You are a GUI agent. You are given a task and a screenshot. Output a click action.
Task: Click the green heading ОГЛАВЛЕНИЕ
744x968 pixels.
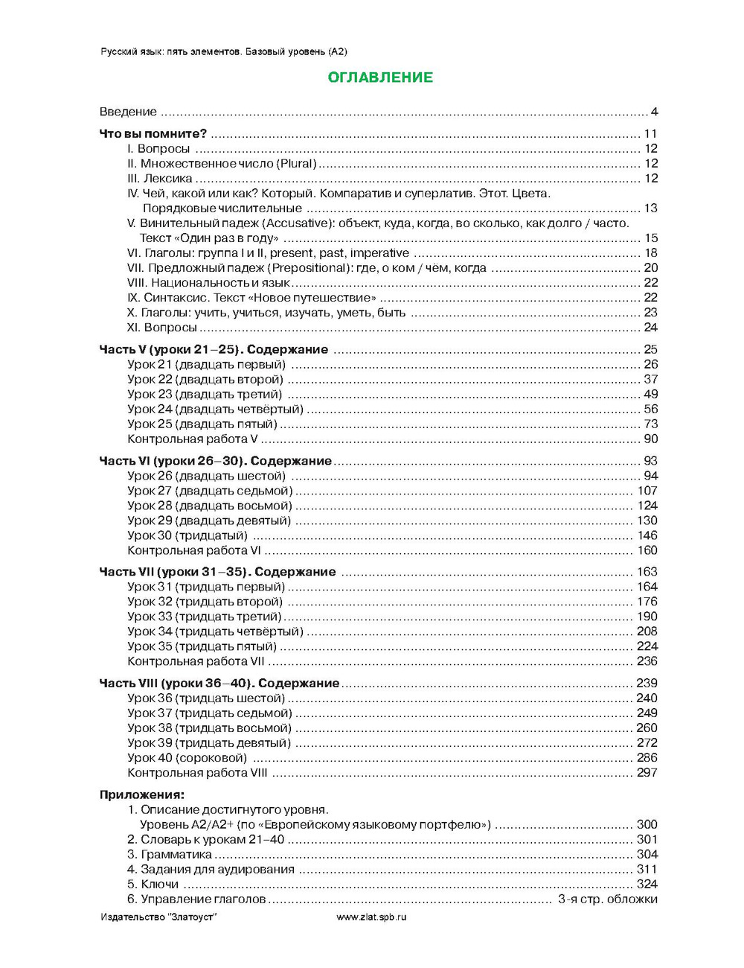(x=380, y=77)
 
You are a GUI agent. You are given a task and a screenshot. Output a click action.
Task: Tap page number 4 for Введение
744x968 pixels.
(x=655, y=112)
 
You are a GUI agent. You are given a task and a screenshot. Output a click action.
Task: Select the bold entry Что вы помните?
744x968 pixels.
(x=153, y=134)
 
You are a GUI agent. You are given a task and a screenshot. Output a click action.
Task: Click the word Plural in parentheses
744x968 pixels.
(x=298, y=164)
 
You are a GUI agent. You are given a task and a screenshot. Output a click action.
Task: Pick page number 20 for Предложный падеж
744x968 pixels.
(x=651, y=268)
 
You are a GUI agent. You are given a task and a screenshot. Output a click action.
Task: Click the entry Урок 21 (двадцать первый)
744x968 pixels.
(x=206, y=365)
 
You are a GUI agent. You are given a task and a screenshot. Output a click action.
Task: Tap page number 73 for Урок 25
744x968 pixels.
(x=651, y=424)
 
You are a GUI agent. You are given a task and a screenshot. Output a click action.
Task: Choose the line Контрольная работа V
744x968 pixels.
(x=192, y=439)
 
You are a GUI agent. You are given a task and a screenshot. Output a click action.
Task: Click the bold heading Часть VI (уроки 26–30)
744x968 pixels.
(x=215, y=461)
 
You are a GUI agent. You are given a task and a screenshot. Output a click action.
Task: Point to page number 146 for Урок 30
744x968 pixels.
(x=647, y=535)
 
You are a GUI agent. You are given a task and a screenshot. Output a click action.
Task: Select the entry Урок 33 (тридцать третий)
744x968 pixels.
(x=205, y=617)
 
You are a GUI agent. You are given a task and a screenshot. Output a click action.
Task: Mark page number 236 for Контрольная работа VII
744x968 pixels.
(x=647, y=661)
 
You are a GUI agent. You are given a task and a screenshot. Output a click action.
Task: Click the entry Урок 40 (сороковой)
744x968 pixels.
(x=187, y=758)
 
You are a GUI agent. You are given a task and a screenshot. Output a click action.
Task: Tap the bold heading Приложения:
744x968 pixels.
(x=141, y=795)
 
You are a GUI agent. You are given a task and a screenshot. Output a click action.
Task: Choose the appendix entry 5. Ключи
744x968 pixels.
(x=153, y=885)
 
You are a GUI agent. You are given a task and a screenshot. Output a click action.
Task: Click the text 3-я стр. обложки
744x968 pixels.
(x=607, y=899)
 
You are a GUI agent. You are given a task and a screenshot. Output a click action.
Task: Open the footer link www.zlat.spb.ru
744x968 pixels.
(x=371, y=917)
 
